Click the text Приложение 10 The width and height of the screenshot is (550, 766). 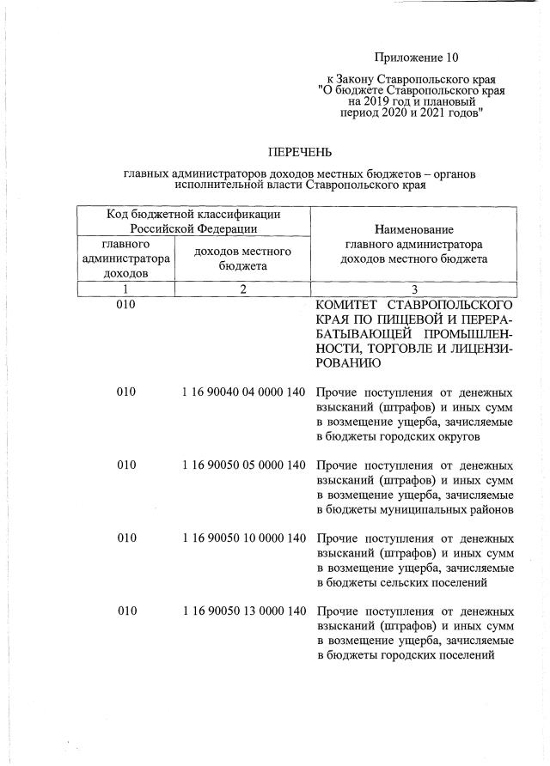417,58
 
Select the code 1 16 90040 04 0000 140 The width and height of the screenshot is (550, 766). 244,392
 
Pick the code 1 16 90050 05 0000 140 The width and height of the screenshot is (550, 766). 244,465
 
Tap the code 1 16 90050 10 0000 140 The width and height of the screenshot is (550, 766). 244,538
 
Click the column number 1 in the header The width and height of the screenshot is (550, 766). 125,289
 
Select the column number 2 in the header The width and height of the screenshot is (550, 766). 243,289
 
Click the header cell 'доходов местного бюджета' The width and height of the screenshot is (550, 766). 243,258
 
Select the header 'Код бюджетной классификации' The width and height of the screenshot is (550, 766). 194,213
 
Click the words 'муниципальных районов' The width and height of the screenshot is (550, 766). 448,509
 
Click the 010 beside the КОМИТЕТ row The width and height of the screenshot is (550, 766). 126,305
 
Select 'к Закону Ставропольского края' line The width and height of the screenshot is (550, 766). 411,79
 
